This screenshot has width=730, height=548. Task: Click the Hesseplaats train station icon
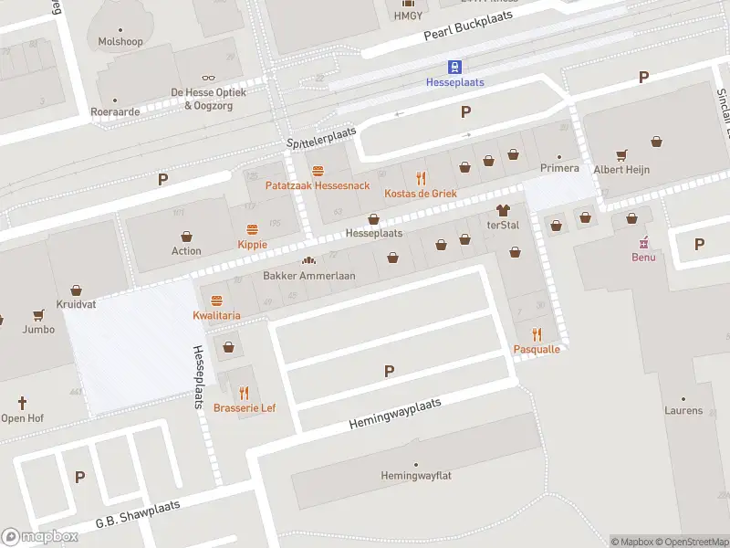pos(454,67)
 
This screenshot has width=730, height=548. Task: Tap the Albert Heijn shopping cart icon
pos(621,154)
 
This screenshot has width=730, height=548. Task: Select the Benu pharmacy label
pos(643,257)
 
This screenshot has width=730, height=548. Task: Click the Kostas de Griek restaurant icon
pos(420,178)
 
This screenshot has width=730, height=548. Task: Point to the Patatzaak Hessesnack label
pos(317,185)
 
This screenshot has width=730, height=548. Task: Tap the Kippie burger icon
pos(252,229)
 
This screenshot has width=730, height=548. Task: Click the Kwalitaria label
pos(216,315)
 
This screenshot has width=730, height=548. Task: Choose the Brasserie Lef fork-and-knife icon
pos(244,393)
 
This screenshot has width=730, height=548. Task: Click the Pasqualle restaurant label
pos(537,349)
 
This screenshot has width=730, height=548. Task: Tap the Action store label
pos(186,251)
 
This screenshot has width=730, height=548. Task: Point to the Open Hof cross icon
pos(22,402)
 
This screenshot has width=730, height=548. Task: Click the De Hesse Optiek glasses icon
pos(209,79)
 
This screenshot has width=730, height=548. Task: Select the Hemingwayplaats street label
pos(395,414)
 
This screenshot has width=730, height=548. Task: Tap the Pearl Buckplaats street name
pos(470,26)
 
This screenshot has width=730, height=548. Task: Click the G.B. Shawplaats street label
pos(138,514)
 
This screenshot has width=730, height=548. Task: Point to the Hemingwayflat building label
pos(416,475)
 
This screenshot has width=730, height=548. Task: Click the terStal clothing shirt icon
pos(502,210)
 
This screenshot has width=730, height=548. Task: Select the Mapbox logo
pos(40,537)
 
